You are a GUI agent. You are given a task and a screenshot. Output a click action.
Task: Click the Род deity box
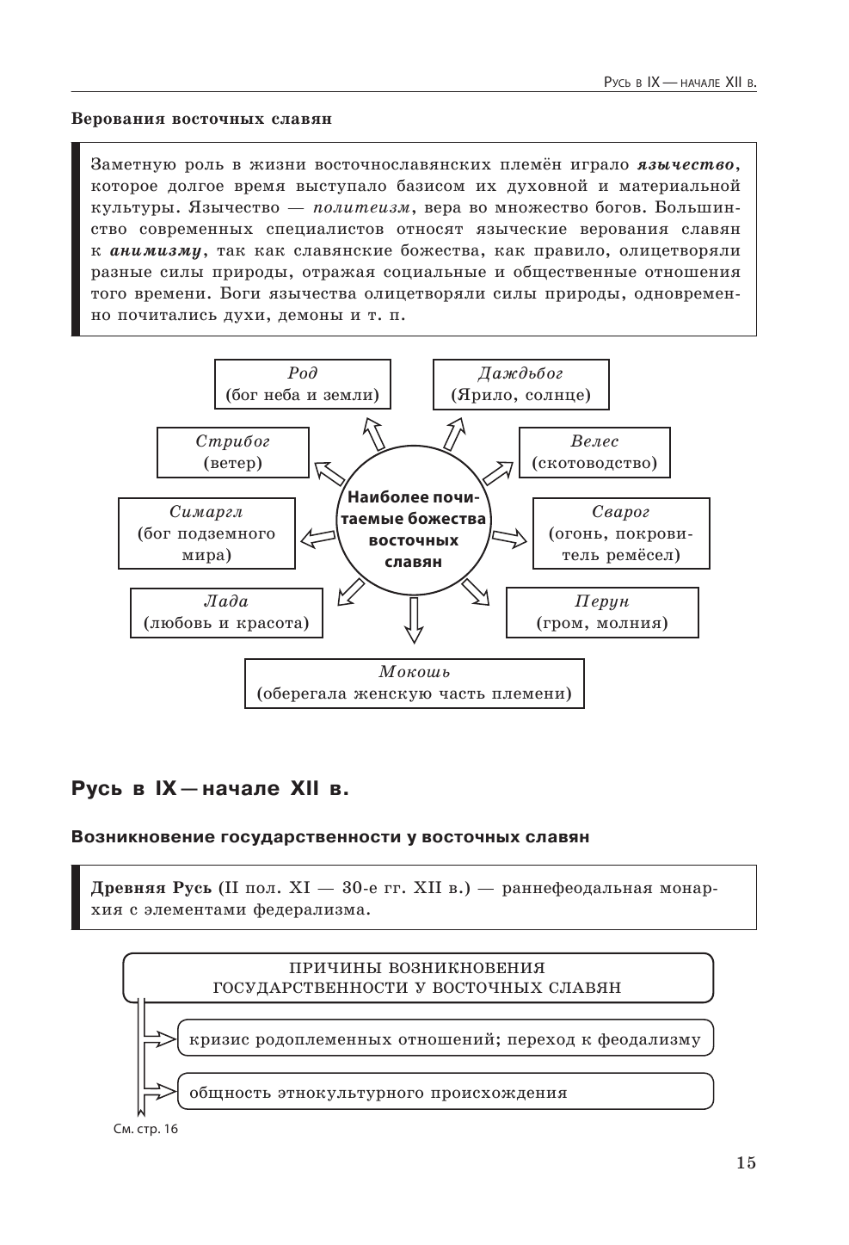[302, 385]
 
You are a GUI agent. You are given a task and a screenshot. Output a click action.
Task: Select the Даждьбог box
[520, 385]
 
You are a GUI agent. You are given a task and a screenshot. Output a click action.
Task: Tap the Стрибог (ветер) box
[232, 453]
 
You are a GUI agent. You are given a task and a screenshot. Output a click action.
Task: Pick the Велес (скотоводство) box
[594, 453]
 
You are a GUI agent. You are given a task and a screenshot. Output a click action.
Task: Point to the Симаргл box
[206, 533]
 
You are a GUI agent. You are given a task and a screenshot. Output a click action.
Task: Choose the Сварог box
[620, 533]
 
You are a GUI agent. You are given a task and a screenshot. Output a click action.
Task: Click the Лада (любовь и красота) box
[226, 613]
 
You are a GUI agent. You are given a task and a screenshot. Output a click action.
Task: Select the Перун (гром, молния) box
[601, 613]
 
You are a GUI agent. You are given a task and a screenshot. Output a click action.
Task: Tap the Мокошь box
[414, 683]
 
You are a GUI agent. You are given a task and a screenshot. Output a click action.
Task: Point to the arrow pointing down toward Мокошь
[414, 619]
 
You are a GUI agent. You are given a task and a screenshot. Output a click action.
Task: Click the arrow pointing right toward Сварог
[508, 539]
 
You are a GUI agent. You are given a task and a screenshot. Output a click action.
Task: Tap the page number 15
[746, 1163]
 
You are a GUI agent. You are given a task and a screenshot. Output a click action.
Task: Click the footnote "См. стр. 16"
[145, 1129]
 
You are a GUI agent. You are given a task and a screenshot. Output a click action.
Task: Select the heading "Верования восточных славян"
[201, 119]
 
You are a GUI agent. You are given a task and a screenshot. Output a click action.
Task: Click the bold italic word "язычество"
[686, 164]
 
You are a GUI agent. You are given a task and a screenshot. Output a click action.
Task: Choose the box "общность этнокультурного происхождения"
[445, 1093]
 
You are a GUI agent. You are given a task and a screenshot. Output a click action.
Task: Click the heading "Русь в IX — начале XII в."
[210, 788]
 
